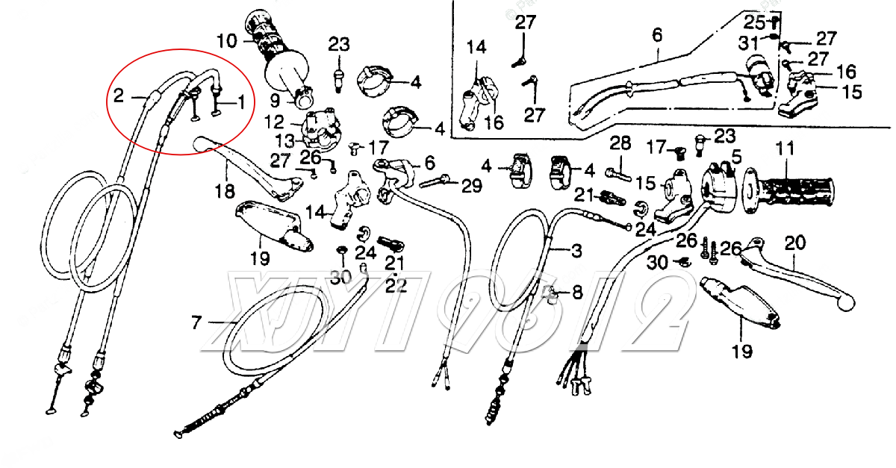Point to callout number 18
coord(225,192)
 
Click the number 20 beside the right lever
coord(796,243)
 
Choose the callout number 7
coord(196,322)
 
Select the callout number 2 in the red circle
coord(119,95)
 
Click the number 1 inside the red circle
coord(240,101)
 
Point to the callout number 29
coord(472,186)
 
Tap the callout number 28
coord(620,143)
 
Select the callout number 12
coord(274,121)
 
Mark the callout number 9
coord(275,99)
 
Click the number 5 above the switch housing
coord(736,157)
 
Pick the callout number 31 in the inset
coord(749,44)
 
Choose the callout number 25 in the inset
coord(753,22)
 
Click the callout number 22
coord(396,285)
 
